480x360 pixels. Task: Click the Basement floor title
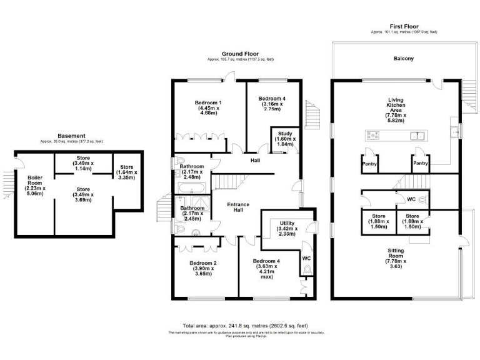tap(71, 136)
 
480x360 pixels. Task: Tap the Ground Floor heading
tap(240, 54)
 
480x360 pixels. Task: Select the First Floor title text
tap(403, 26)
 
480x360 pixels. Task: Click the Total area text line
tap(245, 326)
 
